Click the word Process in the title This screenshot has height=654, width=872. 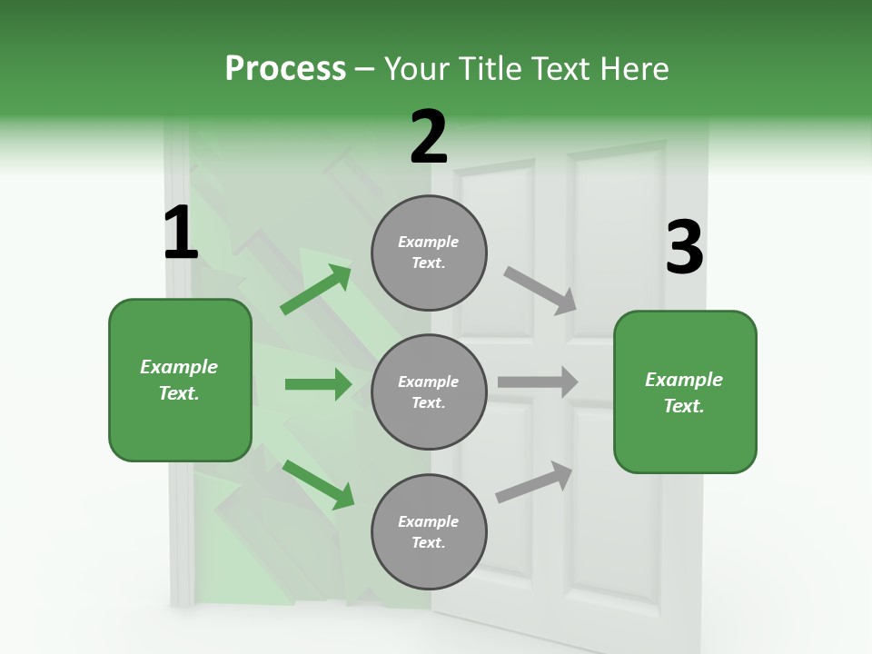(285, 69)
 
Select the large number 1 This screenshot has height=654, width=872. (181, 233)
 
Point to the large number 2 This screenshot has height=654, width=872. (429, 137)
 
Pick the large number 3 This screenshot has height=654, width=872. (684, 248)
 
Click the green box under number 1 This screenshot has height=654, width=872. (180, 380)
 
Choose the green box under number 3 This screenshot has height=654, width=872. (685, 392)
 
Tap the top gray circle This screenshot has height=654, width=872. (429, 253)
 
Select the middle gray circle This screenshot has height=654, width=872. (429, 392)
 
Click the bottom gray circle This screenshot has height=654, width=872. (429, 532)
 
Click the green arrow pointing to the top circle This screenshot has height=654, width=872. (316, 290)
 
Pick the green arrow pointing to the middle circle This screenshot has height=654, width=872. (318, 384)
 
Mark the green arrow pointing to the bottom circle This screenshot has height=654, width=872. (318, 484)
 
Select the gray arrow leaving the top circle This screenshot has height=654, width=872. (540, 291)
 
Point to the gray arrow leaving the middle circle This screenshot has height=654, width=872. (538, 382)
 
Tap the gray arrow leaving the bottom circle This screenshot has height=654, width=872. (534, 482)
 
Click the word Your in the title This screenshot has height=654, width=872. (418, 69)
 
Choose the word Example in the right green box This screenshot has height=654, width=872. (684, 380)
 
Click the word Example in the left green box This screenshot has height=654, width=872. (179, 367)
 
